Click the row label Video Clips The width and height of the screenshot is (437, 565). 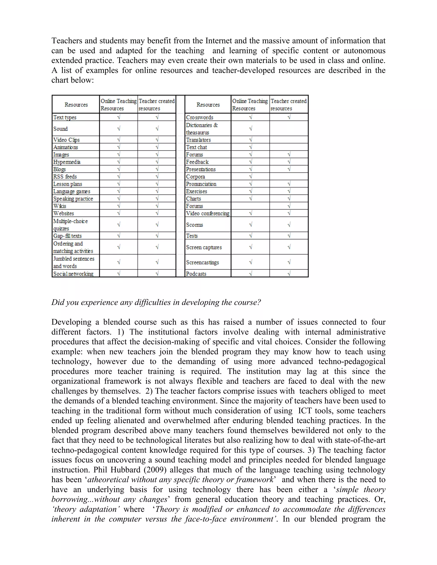(x=66, y=140)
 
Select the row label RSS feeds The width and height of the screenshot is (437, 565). (x=65, y=177)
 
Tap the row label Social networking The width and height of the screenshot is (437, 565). (x=73, y=274)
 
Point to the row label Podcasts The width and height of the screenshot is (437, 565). (x=196, y=274)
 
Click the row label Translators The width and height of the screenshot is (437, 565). (x=198, y=140)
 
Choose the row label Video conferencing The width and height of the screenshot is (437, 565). (x=208, y=213)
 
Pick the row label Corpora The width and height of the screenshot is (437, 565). (x=195, y=177)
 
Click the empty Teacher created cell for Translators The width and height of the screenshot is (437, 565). (x=289, y=140)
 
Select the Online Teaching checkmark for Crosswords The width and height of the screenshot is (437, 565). (x=250, y=117)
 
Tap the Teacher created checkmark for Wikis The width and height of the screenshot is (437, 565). (x=157, y=206)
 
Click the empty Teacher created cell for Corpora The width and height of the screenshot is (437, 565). (x=289, y=177)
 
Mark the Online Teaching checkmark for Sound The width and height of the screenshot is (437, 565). (x=119, y=128)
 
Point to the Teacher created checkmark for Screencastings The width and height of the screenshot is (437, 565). (x=289, y=262)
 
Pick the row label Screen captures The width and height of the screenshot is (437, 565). (x=204, y=247)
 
